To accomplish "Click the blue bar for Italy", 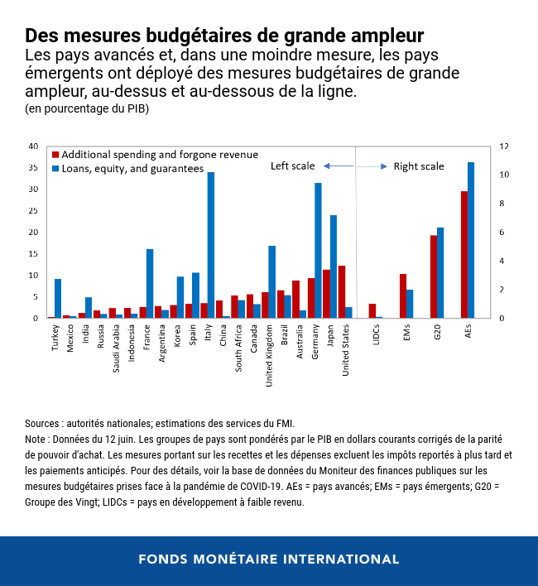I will pos(211,245).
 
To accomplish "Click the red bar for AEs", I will pos(464,255).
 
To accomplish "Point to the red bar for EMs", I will pos(403,296).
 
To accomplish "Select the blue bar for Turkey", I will pos(58,299).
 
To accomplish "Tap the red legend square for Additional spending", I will pos(55,155).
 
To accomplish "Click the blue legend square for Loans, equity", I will pos(55,168).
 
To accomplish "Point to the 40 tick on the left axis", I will pos(33,146).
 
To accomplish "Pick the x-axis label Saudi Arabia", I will pos(119,347).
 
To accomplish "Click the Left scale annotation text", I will pos(293,166).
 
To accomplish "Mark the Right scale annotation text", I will pos(419,166).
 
